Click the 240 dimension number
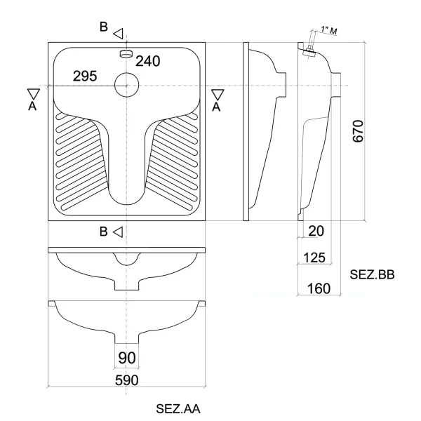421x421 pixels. coord(147,61)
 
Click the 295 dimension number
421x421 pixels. coord(85,76)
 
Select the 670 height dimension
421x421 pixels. coord(358,131)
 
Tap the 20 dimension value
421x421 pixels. coord(316,231)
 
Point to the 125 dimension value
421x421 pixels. coord(314,258)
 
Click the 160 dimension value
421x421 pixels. coord(319,288)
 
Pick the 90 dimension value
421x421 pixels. coord(127,358)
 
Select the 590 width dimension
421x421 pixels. coord(127,380)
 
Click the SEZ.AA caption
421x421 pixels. coord(178,408)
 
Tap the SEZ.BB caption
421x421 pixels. coord(372,274)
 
